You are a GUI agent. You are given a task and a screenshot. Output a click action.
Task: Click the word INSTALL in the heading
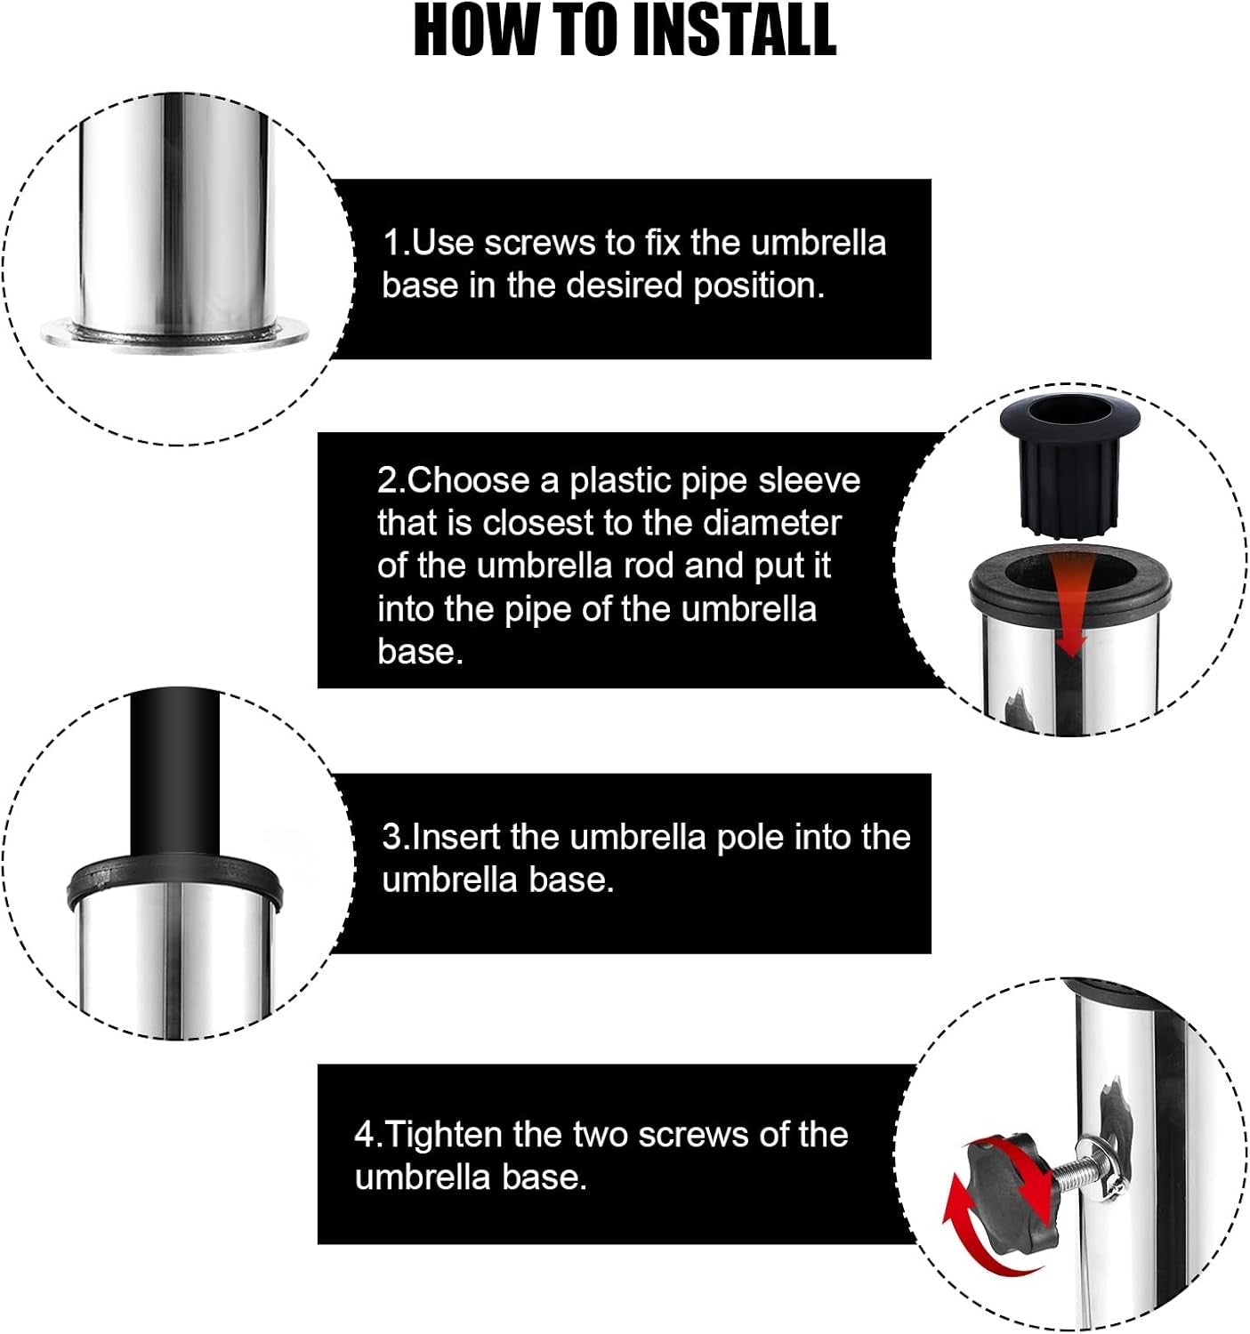coord(735,31)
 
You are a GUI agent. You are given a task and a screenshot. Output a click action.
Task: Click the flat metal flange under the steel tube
coord(174,334)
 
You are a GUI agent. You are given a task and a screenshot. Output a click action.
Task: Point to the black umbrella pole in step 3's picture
coord(174,772)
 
